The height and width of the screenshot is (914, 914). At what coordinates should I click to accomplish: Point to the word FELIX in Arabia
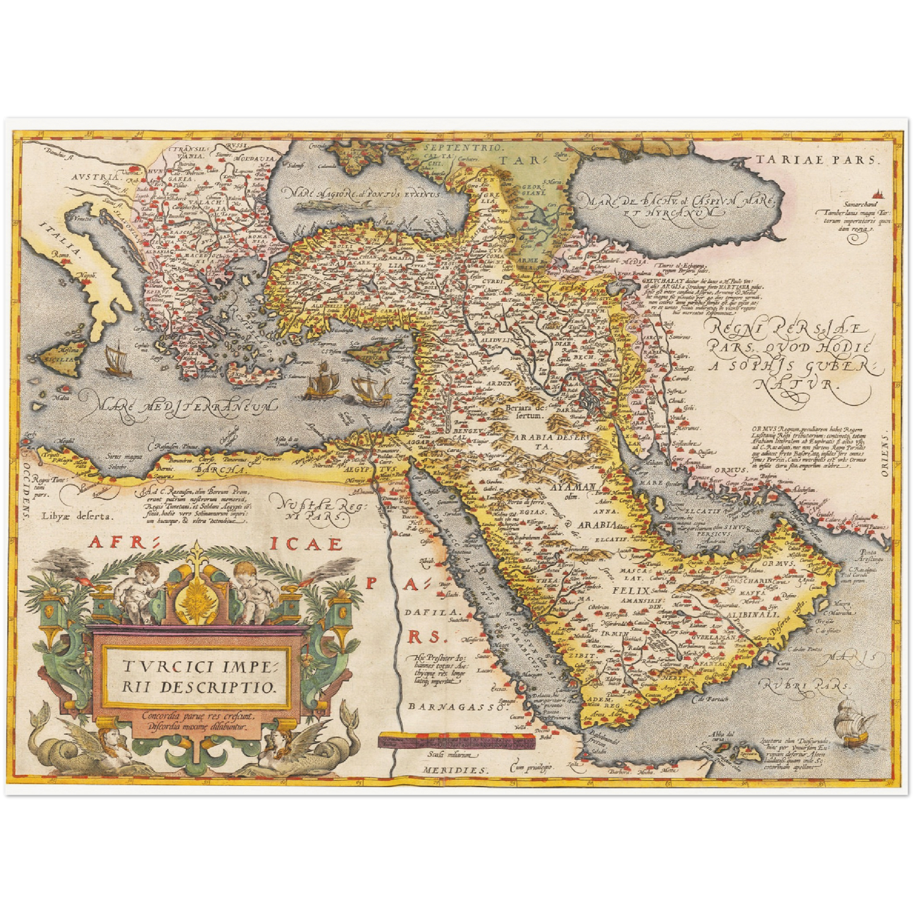[631, 590]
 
